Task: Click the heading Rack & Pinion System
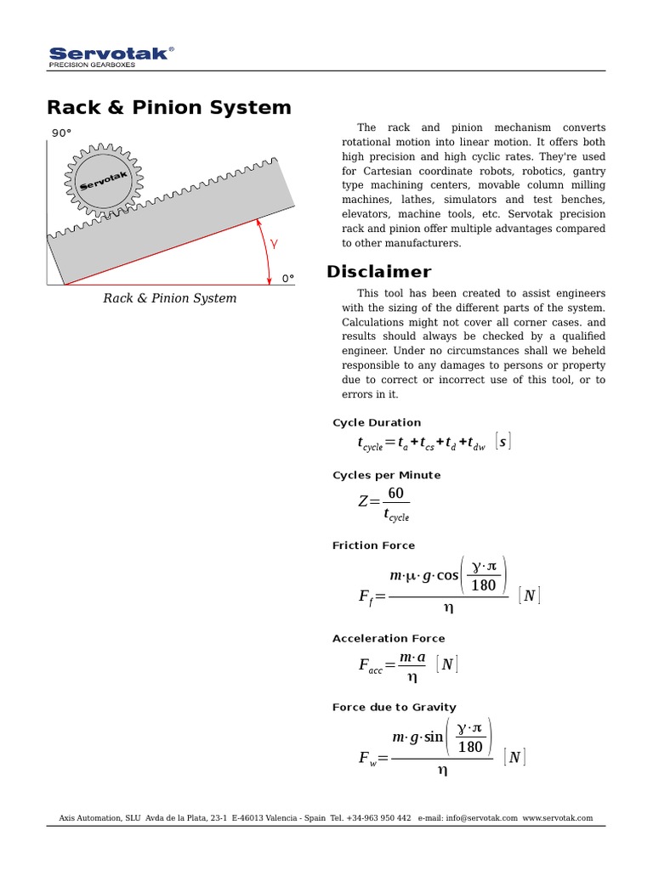click(168, 108)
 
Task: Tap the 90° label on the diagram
click(61, 133)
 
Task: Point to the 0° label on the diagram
click(287, 278)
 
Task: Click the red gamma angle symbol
click(274, 244)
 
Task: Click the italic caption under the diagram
click(170, 298)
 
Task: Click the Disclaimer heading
click(378, 272)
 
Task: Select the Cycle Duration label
click(376, 422)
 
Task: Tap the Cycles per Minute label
click(386, 475)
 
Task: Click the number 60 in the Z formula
click(395, 494)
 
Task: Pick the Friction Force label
click(373, 545)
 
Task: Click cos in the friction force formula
click(447, 575)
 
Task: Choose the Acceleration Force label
click(388, 638)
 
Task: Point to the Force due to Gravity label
click(394, 707)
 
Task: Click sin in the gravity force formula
click(434, 737)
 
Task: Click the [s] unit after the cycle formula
click(503, 442)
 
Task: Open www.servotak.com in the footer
click(558, 818)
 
